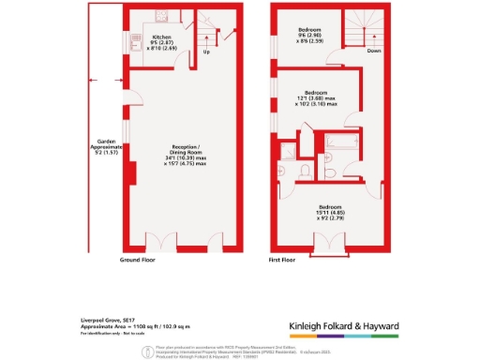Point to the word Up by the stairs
[206, 52]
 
